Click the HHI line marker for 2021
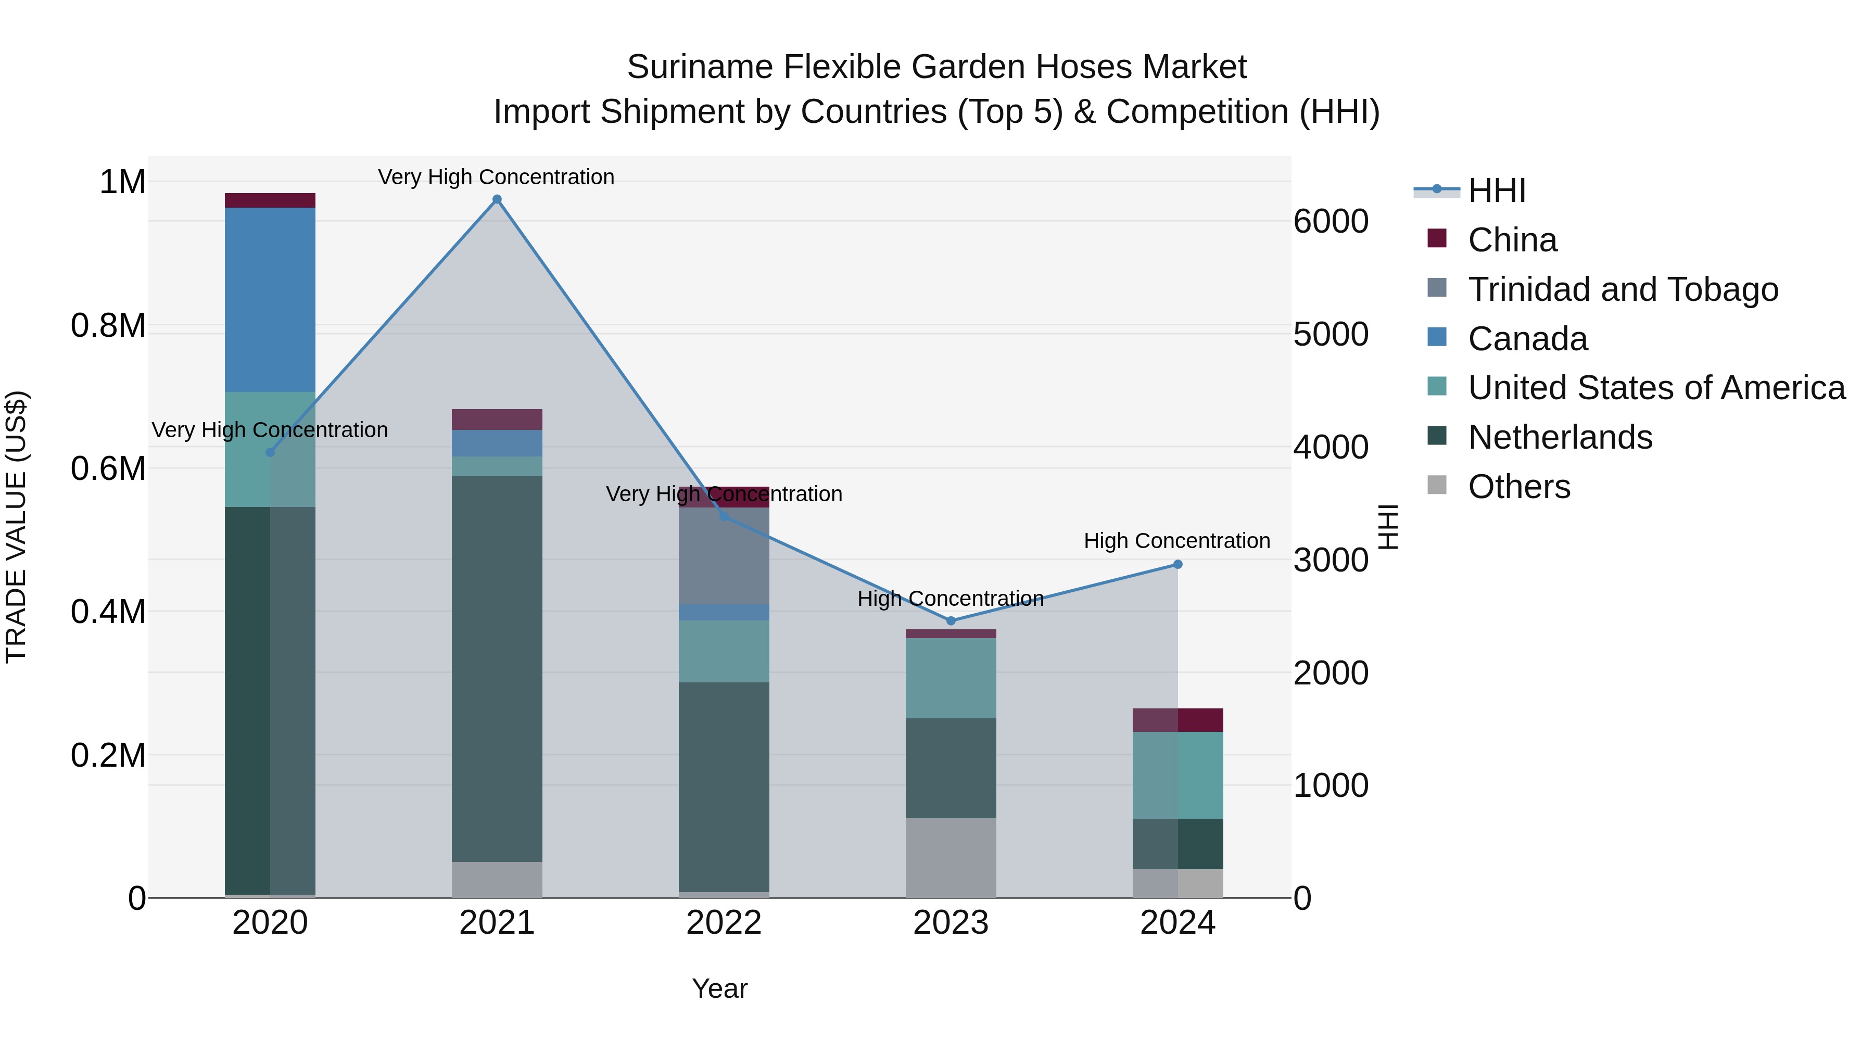[x=497, y=199]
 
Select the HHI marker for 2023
[x=951, y=620]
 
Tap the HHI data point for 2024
[x=1178, y=564]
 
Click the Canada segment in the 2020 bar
[x=270, y=300]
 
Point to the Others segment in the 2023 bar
[x=951, y=858]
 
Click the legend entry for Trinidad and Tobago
[x=1622, y=289]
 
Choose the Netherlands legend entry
[x=1560, y=437]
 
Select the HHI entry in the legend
[x=1497, y=191]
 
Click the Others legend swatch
[x=1437, y=485]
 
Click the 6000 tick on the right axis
[x=1331, y=221]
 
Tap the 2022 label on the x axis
[x=724, y=923]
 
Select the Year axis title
[x=719, y=988]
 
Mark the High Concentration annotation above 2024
[x=1176, y=541]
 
